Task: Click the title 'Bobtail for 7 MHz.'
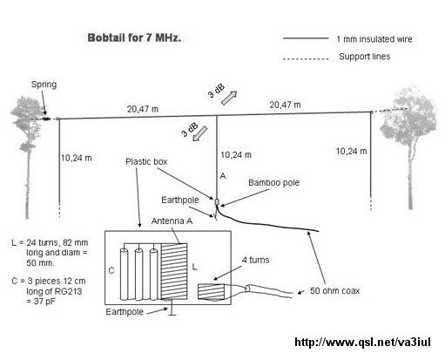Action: click(134, 38)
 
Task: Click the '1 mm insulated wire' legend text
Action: click(374, 39)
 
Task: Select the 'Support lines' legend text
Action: click(364, 57)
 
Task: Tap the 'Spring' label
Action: click(44, 85)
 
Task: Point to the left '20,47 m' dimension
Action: click(143, 109)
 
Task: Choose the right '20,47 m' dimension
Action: click(285, 105)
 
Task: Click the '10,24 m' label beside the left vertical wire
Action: click(76, 158)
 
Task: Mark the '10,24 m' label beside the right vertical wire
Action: click(351, 151)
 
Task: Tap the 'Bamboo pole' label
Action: click(273, 183)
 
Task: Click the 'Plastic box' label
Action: click(146, 162)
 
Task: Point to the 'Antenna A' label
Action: click(172, 221)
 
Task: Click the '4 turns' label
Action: click(255, 260)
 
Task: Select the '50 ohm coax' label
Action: click(334, 291)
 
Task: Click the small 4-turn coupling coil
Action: click(211, 292)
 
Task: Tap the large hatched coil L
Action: click(174, 271)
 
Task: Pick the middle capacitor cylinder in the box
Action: click(138, 275)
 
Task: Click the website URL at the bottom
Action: click(362, 342)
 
